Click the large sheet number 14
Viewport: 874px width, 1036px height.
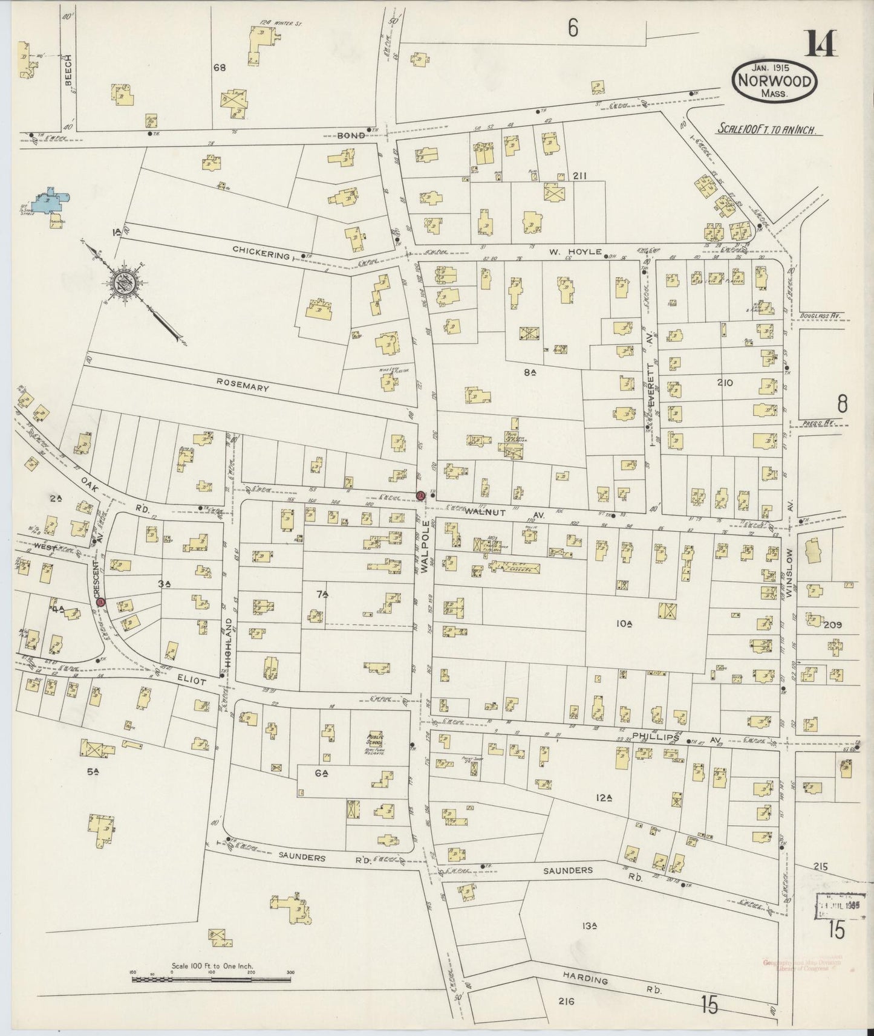[821, 44]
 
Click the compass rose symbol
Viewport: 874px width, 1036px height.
[125, 282]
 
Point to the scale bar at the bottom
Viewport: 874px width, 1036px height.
[211, 974]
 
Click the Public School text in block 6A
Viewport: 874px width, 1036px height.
[376, 738]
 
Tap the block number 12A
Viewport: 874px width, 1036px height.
[604, 798]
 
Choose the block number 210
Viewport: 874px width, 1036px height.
[724, 382]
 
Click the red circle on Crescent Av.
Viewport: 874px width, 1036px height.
[101, 601]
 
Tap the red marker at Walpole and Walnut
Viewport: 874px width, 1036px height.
[420, 495]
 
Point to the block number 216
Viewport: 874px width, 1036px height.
[566, 1002]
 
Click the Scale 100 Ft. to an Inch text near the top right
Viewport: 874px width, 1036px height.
[768, 129]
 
